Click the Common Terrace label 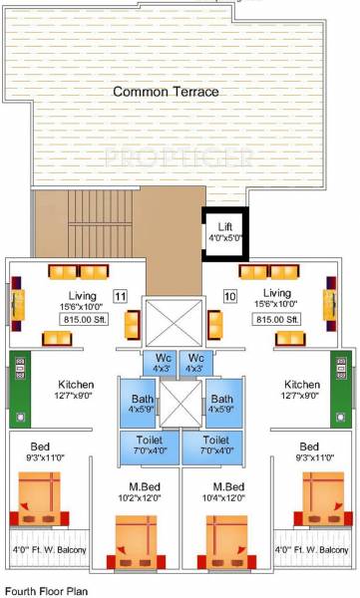tap(166, 92)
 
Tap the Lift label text tap(224, 226)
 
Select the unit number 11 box tap(120, 296)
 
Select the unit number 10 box tap(228, 296)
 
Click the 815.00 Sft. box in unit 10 tap(277, 320)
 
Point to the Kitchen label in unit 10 tap(302, 384)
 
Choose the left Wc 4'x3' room tap(161, 363)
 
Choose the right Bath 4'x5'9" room tap(221, 403)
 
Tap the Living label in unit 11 tap(96, 294)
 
